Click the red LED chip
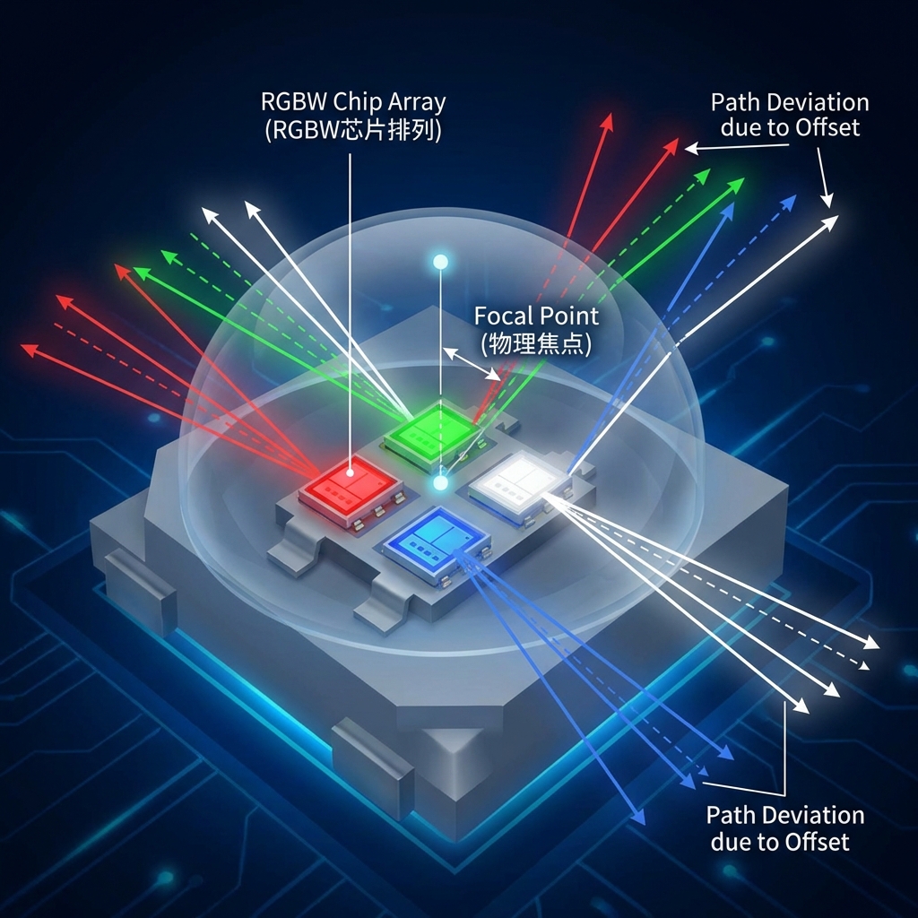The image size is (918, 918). click(x=350, y=489)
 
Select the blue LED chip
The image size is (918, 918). click(x=437, y=541)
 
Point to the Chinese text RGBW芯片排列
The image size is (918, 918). click(x=353, y=128)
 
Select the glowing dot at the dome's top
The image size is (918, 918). click(x=440, y=262)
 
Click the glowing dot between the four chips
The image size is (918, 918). click(x=440, y=482)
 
